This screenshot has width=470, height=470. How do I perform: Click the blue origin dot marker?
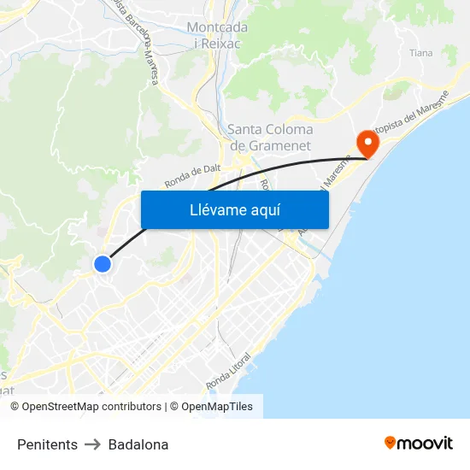[x=103, y=264]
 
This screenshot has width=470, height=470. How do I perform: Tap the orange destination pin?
[x=368, y=141]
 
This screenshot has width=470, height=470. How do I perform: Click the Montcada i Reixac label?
[x=217, y=35]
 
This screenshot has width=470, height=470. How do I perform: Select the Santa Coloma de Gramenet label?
[x=270, y=138]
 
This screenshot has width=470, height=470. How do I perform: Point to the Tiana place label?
[x=420, y=53]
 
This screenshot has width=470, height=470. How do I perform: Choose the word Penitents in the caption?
[x=47, y=444]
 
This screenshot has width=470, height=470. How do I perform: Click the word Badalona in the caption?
[x=138, y=444]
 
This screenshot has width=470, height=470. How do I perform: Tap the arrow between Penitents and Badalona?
[x=93, y=444]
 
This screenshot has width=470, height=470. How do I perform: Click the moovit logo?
[x=418, y=443]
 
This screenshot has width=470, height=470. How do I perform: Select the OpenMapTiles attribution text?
[x=217, y=407]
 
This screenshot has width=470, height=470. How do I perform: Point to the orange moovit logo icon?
[x=391, y=443]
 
